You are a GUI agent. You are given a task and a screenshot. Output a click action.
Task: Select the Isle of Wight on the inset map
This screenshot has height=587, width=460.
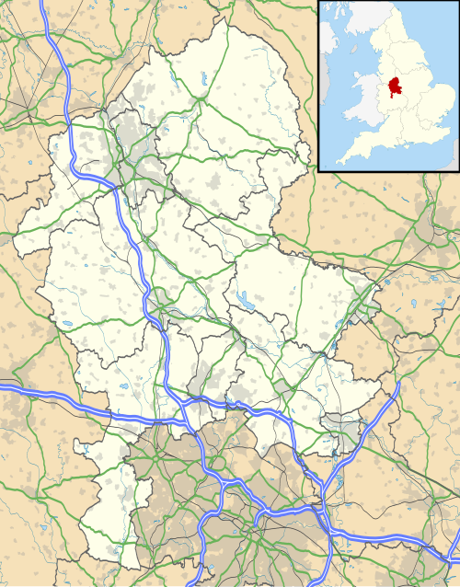coord(406,151)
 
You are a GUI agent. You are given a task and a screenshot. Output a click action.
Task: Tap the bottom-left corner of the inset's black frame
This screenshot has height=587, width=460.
coord(318,170)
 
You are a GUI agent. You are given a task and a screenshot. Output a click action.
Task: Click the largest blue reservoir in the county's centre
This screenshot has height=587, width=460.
coord(246,299)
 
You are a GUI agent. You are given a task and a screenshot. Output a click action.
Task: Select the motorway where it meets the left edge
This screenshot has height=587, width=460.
coord(2,390)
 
